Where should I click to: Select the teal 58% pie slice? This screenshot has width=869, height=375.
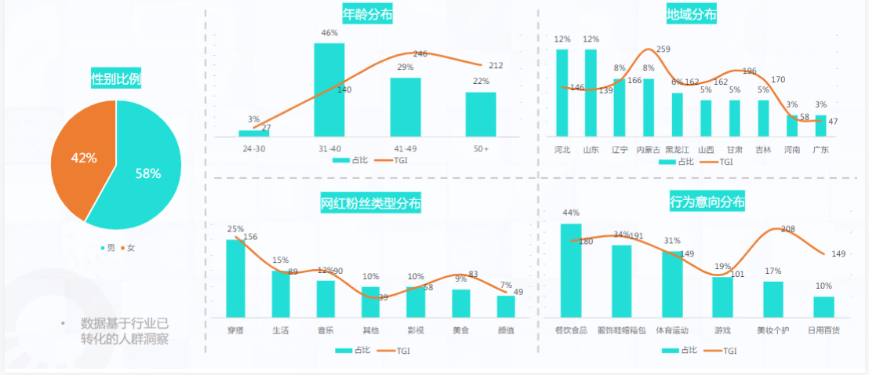(x=149, y=173)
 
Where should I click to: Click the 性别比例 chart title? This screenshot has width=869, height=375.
(x=116, y=78)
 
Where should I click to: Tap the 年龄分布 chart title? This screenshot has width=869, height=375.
(x=368, y=14)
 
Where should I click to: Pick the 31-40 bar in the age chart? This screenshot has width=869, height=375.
(x=329, y=89)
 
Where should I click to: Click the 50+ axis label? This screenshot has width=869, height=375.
(x=481, y=147)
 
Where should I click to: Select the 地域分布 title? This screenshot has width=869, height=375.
(x=691, y=14)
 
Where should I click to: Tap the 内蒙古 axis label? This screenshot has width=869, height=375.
(x=648, y=149)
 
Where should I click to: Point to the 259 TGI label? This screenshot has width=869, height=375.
(x=663, y=49)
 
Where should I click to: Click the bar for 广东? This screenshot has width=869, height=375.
(x=820, y=126)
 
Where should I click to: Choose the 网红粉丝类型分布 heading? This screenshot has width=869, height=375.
(x=371, y=204)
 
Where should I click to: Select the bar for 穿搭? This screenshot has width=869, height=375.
(x=235, y=278)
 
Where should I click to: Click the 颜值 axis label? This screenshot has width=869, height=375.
(x=506, y=331)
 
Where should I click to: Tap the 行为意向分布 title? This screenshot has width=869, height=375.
(x=707, y=202)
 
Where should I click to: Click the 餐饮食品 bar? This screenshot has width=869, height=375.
(x=571, y=270)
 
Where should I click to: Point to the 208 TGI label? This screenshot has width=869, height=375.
(x=788, y=229)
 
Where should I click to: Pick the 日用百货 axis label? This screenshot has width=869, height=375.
(x=824, y=331)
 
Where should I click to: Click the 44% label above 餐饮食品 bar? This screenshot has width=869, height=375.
(x=571, y=213)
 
